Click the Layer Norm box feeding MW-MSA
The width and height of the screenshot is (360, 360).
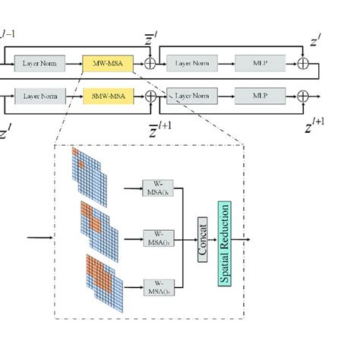pyautogui.click(x=39, y=65)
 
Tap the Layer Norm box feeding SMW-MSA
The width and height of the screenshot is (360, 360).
pyautogui.click(x=39, y=96)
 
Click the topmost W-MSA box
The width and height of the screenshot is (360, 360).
pyautogui.click(x=159, y=187)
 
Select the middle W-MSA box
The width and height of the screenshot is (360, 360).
pyautogui.click(x=159, y=237)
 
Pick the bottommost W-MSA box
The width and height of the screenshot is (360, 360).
pyautogui.click(x=159, y=288)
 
